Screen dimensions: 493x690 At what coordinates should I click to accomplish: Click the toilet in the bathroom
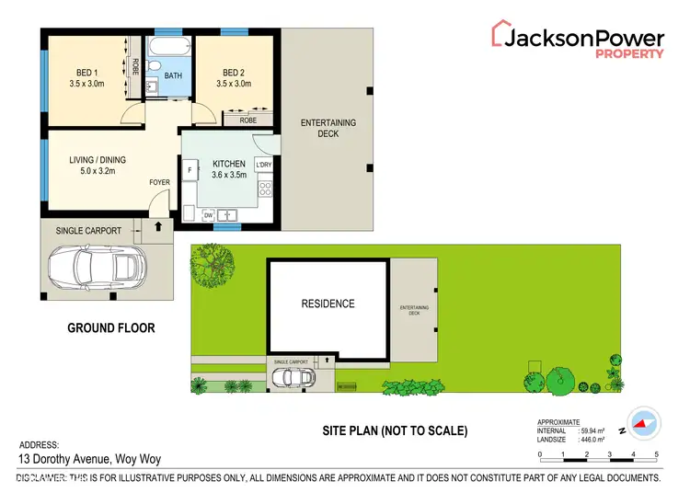pos(155,66)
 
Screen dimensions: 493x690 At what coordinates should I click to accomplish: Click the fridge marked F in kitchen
pos(190,170)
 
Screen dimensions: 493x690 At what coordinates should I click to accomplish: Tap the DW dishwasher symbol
pos(209,215)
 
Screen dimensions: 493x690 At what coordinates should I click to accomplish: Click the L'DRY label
pos(264,165)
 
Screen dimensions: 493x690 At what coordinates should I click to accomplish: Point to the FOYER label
pos(160,183)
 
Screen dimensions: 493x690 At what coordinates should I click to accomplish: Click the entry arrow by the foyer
pos(157,224)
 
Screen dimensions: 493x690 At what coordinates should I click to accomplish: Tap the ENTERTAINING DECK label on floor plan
pos(328,128)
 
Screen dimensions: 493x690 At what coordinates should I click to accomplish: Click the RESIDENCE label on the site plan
pos(328,304)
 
